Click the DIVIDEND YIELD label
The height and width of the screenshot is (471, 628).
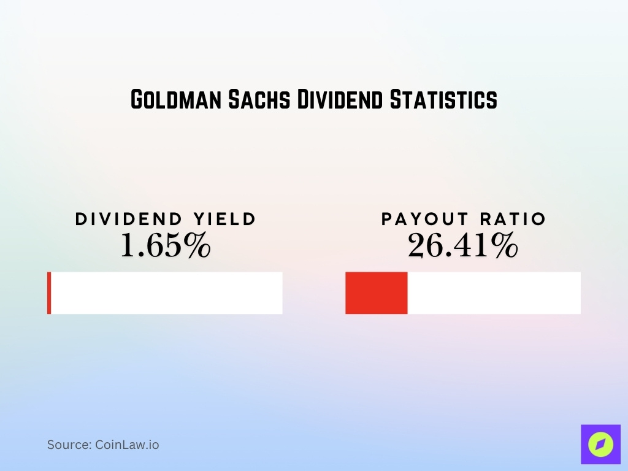coord(166,219)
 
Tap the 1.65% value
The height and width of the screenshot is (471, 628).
coord(166,246)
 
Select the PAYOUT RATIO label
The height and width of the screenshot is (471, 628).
coord(463,219)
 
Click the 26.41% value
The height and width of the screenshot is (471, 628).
coord(463,246)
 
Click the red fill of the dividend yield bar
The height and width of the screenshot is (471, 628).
coord(49,293)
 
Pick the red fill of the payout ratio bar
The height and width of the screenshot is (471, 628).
coord(377,293)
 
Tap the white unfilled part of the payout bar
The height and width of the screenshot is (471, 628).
coord(494,293)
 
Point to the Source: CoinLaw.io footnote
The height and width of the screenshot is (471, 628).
coord(103,445)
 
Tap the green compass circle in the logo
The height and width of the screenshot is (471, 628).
coord(600,445)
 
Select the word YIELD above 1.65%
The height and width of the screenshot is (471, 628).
coord(222,219)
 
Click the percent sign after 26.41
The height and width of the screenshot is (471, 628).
coord(505,246)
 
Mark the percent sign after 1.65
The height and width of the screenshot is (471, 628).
coord(198,246)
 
